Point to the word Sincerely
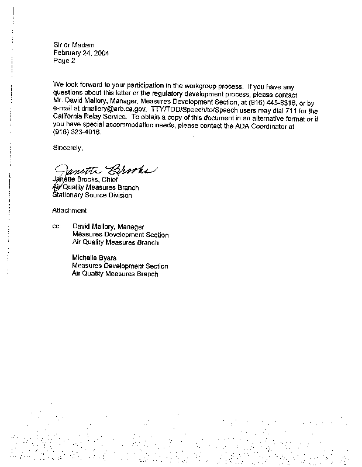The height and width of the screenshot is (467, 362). [68, 148]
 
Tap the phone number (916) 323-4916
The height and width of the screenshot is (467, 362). [77, 132]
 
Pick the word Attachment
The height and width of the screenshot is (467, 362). [70, 210]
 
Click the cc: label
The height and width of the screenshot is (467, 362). [57, 225]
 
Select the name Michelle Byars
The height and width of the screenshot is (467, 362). [94, 257]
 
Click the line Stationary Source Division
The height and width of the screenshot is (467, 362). [92, 195]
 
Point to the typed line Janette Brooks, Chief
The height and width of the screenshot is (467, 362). [85, 180]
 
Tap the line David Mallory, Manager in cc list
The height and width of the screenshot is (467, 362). [108, 225]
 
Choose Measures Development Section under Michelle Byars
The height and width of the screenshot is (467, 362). [120, 266]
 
